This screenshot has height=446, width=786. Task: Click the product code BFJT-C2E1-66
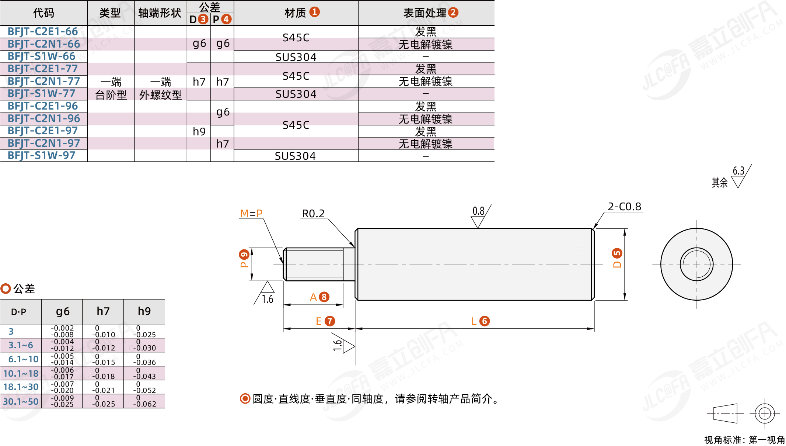tap(43, 32)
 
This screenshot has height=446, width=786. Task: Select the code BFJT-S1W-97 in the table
tap(41, 156)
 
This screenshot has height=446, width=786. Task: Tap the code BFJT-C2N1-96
tap(43, 118)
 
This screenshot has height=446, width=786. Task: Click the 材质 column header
tap(296, 13)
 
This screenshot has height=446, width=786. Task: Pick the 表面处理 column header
tap(425, 13)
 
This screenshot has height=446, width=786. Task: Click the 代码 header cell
tap(43, 13)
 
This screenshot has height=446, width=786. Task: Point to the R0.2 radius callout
tap(313, 214)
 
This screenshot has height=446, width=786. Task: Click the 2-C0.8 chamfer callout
tap(624, 207)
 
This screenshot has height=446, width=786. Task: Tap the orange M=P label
tap(251, 214)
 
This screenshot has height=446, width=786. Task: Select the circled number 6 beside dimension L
tap(485, 321)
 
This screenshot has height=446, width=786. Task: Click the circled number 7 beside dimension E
tap(330, 321)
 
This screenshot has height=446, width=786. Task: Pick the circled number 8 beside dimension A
tap(324, 297)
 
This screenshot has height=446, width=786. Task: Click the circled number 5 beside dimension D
tap(617, 253)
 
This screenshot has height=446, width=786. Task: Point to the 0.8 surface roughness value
tap(478, 211)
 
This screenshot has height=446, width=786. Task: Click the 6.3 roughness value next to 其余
tap(738, 171)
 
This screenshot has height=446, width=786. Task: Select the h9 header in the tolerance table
tap(144, 311)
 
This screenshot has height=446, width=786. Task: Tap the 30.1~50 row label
tap(21, 401)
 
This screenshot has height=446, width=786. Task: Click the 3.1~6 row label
tap(21, 345)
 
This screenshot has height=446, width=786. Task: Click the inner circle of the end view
tap(696, 264)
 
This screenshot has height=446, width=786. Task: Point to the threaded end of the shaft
tap(313, 264)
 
